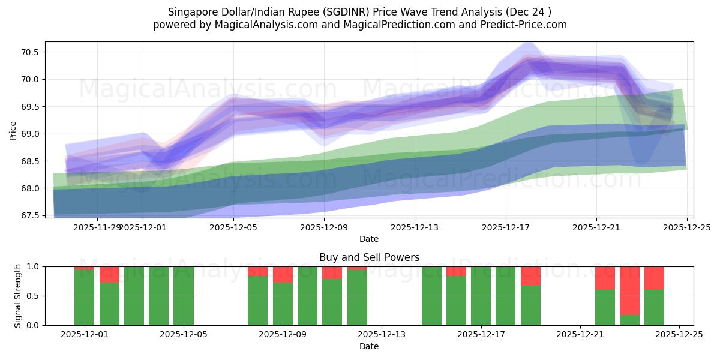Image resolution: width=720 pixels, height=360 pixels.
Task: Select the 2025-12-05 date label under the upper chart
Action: [233, 227]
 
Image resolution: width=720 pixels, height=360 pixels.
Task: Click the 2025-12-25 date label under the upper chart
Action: [686, 227]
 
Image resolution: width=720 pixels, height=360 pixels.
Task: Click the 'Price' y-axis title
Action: [13, 130]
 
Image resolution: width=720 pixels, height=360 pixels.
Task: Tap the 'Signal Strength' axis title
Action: [18, 295]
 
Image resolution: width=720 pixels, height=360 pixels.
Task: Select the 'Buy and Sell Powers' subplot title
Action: [369, 257]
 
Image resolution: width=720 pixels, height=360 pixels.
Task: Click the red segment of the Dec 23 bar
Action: [629, 290]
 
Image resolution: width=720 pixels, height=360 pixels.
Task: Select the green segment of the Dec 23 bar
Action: [629, 320]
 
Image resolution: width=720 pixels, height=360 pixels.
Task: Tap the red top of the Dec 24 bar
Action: [654, 278]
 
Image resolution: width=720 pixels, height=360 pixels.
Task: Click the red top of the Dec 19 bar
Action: [530, 276]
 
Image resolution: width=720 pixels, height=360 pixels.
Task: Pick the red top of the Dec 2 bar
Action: [109, 274]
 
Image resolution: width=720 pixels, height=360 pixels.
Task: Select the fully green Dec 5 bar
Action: [184, 296]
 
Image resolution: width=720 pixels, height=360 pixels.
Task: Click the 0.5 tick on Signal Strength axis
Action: [33, 296]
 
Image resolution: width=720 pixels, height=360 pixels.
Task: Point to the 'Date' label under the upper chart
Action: [369, 239]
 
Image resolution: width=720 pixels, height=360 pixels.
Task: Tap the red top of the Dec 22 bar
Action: [605, 278]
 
